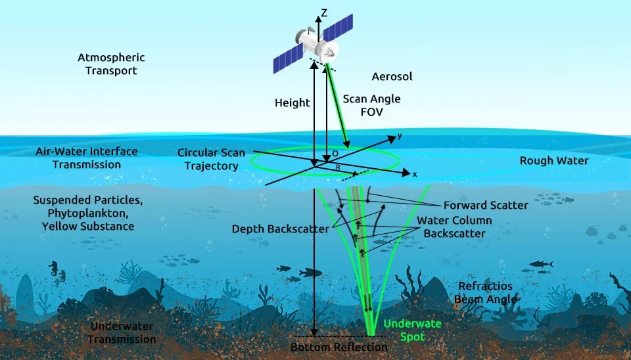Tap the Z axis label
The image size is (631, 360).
(x=323, y=12)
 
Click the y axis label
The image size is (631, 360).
(x=399, y=136)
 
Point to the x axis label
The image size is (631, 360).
(x=414, y=174)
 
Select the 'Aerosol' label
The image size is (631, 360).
(x=392, y=77)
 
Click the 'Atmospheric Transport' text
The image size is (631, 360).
(x=111, y=64)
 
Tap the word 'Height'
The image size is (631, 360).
(x=292, y=102)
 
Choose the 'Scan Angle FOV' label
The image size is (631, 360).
(x=371, y=105)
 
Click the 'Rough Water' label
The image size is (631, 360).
(x=554, y=160)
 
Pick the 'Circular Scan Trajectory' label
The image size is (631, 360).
(x=211, y=159)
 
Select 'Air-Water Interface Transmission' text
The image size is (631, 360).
(x=87, y=158)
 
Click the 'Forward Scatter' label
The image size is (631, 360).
(x=486, y=205)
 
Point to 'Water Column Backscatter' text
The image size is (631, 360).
(x=454, y=227)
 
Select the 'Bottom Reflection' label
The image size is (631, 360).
(x=339, y=347)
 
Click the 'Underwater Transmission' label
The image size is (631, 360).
(x=122, y=332)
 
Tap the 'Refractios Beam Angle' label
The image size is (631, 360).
(x=485, y=292)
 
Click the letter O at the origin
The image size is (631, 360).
(x=335, y=153)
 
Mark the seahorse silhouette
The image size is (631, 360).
(x=53, y=268)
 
